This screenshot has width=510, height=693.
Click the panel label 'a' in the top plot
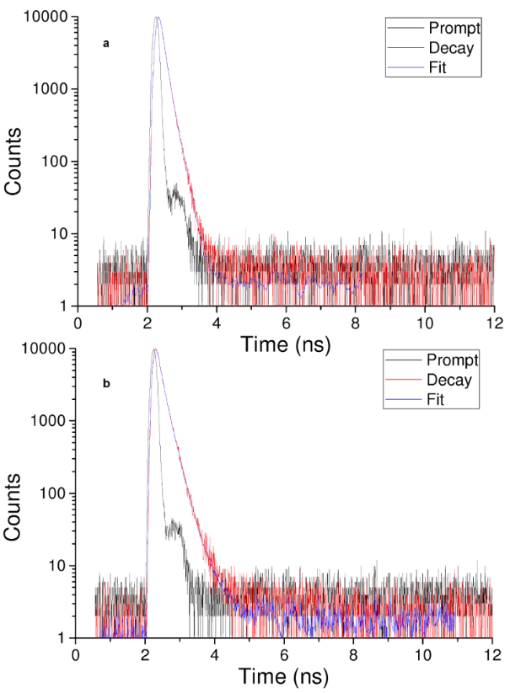click(x=105, y=43)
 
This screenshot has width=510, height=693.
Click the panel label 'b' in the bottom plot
click(x=106, y=383)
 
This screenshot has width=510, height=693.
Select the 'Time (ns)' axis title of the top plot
click(x=285, y=343)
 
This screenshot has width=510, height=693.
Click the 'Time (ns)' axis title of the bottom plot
click(x=284, y=675)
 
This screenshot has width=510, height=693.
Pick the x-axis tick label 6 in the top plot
click(x=286, y=321)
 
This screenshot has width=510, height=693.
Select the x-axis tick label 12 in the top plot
click(x=494, y=321)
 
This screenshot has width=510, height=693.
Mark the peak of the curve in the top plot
click(x=157, y=18)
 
